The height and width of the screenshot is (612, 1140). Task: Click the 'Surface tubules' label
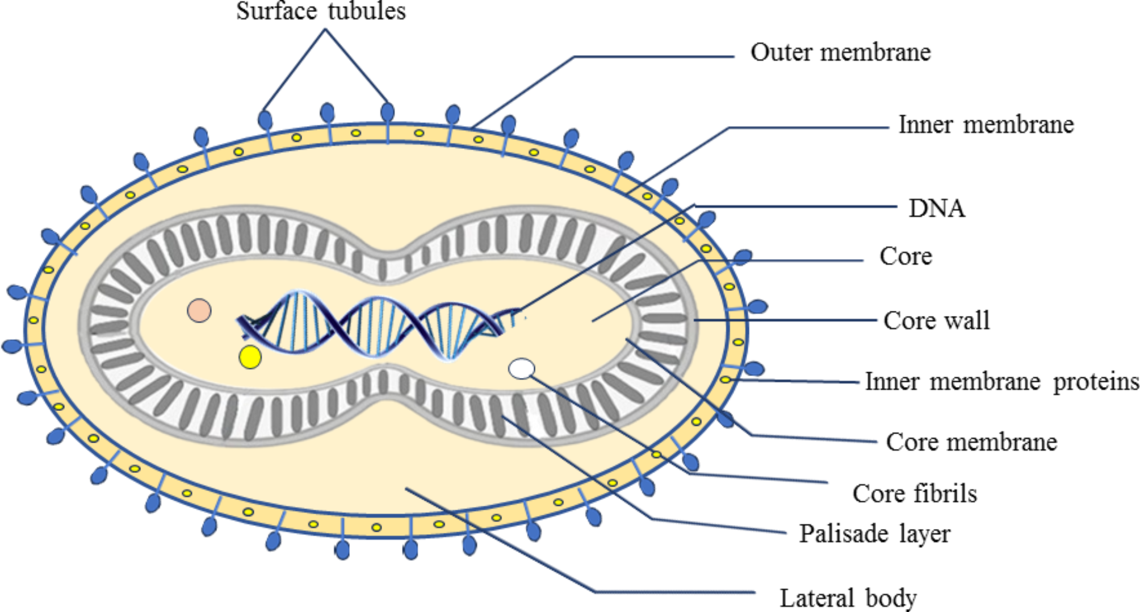[x=321, y=11]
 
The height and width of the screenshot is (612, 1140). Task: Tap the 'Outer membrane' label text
[x=840, y=52]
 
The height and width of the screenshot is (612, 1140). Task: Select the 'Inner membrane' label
[x=986, y=124]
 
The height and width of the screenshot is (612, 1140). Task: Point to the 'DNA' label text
[x=937, y=209]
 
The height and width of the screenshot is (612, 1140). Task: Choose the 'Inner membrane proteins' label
[x=1002, y=381]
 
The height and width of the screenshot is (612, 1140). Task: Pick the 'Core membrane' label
[x=971, y=442]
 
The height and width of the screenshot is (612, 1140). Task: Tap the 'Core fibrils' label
[x=915, y=493]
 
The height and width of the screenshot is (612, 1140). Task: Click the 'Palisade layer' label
[x=874, y=534]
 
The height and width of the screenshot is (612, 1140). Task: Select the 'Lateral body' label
[x=848, y=598]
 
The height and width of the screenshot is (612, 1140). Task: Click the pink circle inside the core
[x=199, y=310]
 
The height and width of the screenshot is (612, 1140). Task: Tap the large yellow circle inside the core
[x=250, y=357]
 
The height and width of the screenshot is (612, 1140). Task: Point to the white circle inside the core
[x=521, y=369]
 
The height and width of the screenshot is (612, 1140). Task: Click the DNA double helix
[x=375, y=327]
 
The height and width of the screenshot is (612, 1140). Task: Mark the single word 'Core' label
[x=906, y=256]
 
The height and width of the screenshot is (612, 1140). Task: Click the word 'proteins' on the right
[x=1096, y=382]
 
